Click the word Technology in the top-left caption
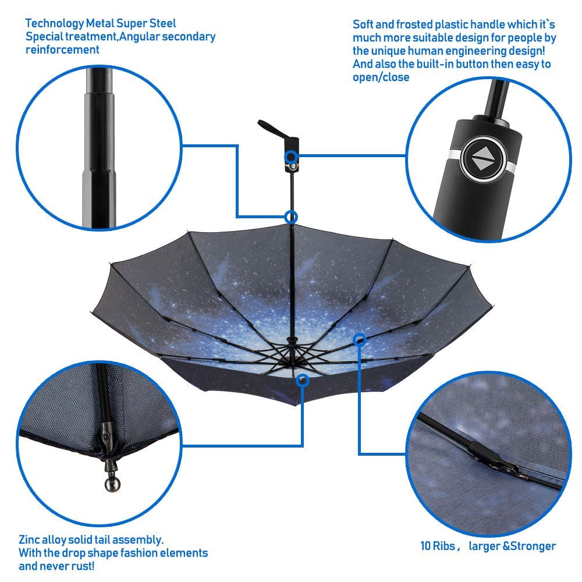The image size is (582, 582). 55,24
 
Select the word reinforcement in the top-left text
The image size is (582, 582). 62,49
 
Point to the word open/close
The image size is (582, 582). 381,77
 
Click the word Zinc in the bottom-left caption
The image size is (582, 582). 29,540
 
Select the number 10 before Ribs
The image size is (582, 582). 425,546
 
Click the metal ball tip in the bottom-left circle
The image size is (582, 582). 112,484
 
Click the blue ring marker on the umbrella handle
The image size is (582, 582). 292,157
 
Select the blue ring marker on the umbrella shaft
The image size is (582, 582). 291,217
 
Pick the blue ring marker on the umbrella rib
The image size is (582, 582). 359,339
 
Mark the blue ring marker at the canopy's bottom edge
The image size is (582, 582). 303,380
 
